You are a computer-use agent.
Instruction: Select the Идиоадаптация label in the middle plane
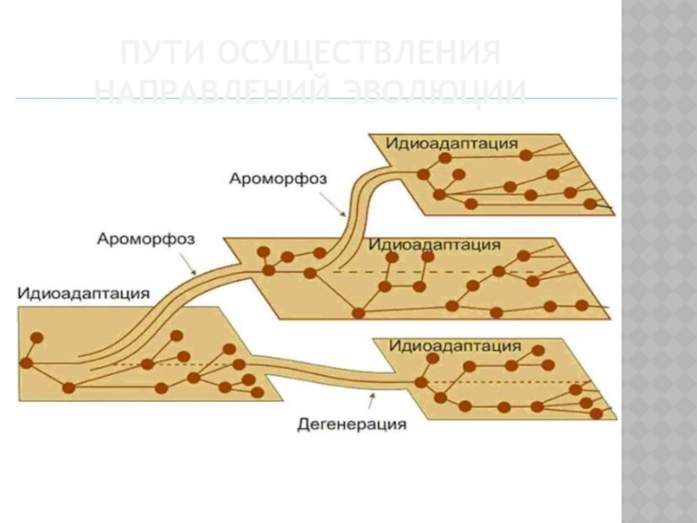434,245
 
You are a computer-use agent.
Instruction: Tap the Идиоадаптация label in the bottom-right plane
455,345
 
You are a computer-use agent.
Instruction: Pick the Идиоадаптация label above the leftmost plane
83,293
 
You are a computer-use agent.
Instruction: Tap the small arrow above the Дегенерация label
374,402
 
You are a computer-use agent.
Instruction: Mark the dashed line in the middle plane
453,273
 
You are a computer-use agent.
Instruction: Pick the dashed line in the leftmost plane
174,363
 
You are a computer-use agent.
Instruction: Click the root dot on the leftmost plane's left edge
27,362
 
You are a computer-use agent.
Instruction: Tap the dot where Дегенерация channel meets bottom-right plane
421,381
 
